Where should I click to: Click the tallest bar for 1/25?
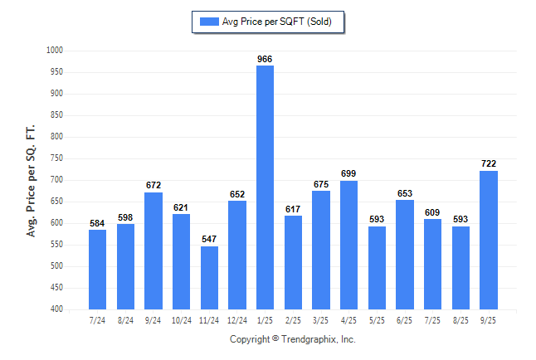coord(265,187)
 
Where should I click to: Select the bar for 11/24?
coord(209,277)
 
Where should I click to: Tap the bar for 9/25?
coord(488,240)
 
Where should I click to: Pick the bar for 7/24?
coord(97,270)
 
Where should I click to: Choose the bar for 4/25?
coord(348,245)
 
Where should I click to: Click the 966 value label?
coord(265,59)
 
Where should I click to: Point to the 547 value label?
coord(209,240)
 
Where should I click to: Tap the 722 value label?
coord(488,164)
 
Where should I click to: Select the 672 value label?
coord(153,186)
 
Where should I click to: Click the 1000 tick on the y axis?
coord(55,51)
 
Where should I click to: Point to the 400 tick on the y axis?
coord(57,309)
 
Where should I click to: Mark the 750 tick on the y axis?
coord(57,158)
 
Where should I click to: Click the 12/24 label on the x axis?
coord(236,319)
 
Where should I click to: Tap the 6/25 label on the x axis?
coord(404,319)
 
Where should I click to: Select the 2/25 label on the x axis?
coord(293,319)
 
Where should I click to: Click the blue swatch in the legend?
coord(207,22)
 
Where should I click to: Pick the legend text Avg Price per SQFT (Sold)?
coord(277,22)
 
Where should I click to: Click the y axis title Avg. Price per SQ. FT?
coord(32,180)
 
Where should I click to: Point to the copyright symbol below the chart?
coord(275,339)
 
